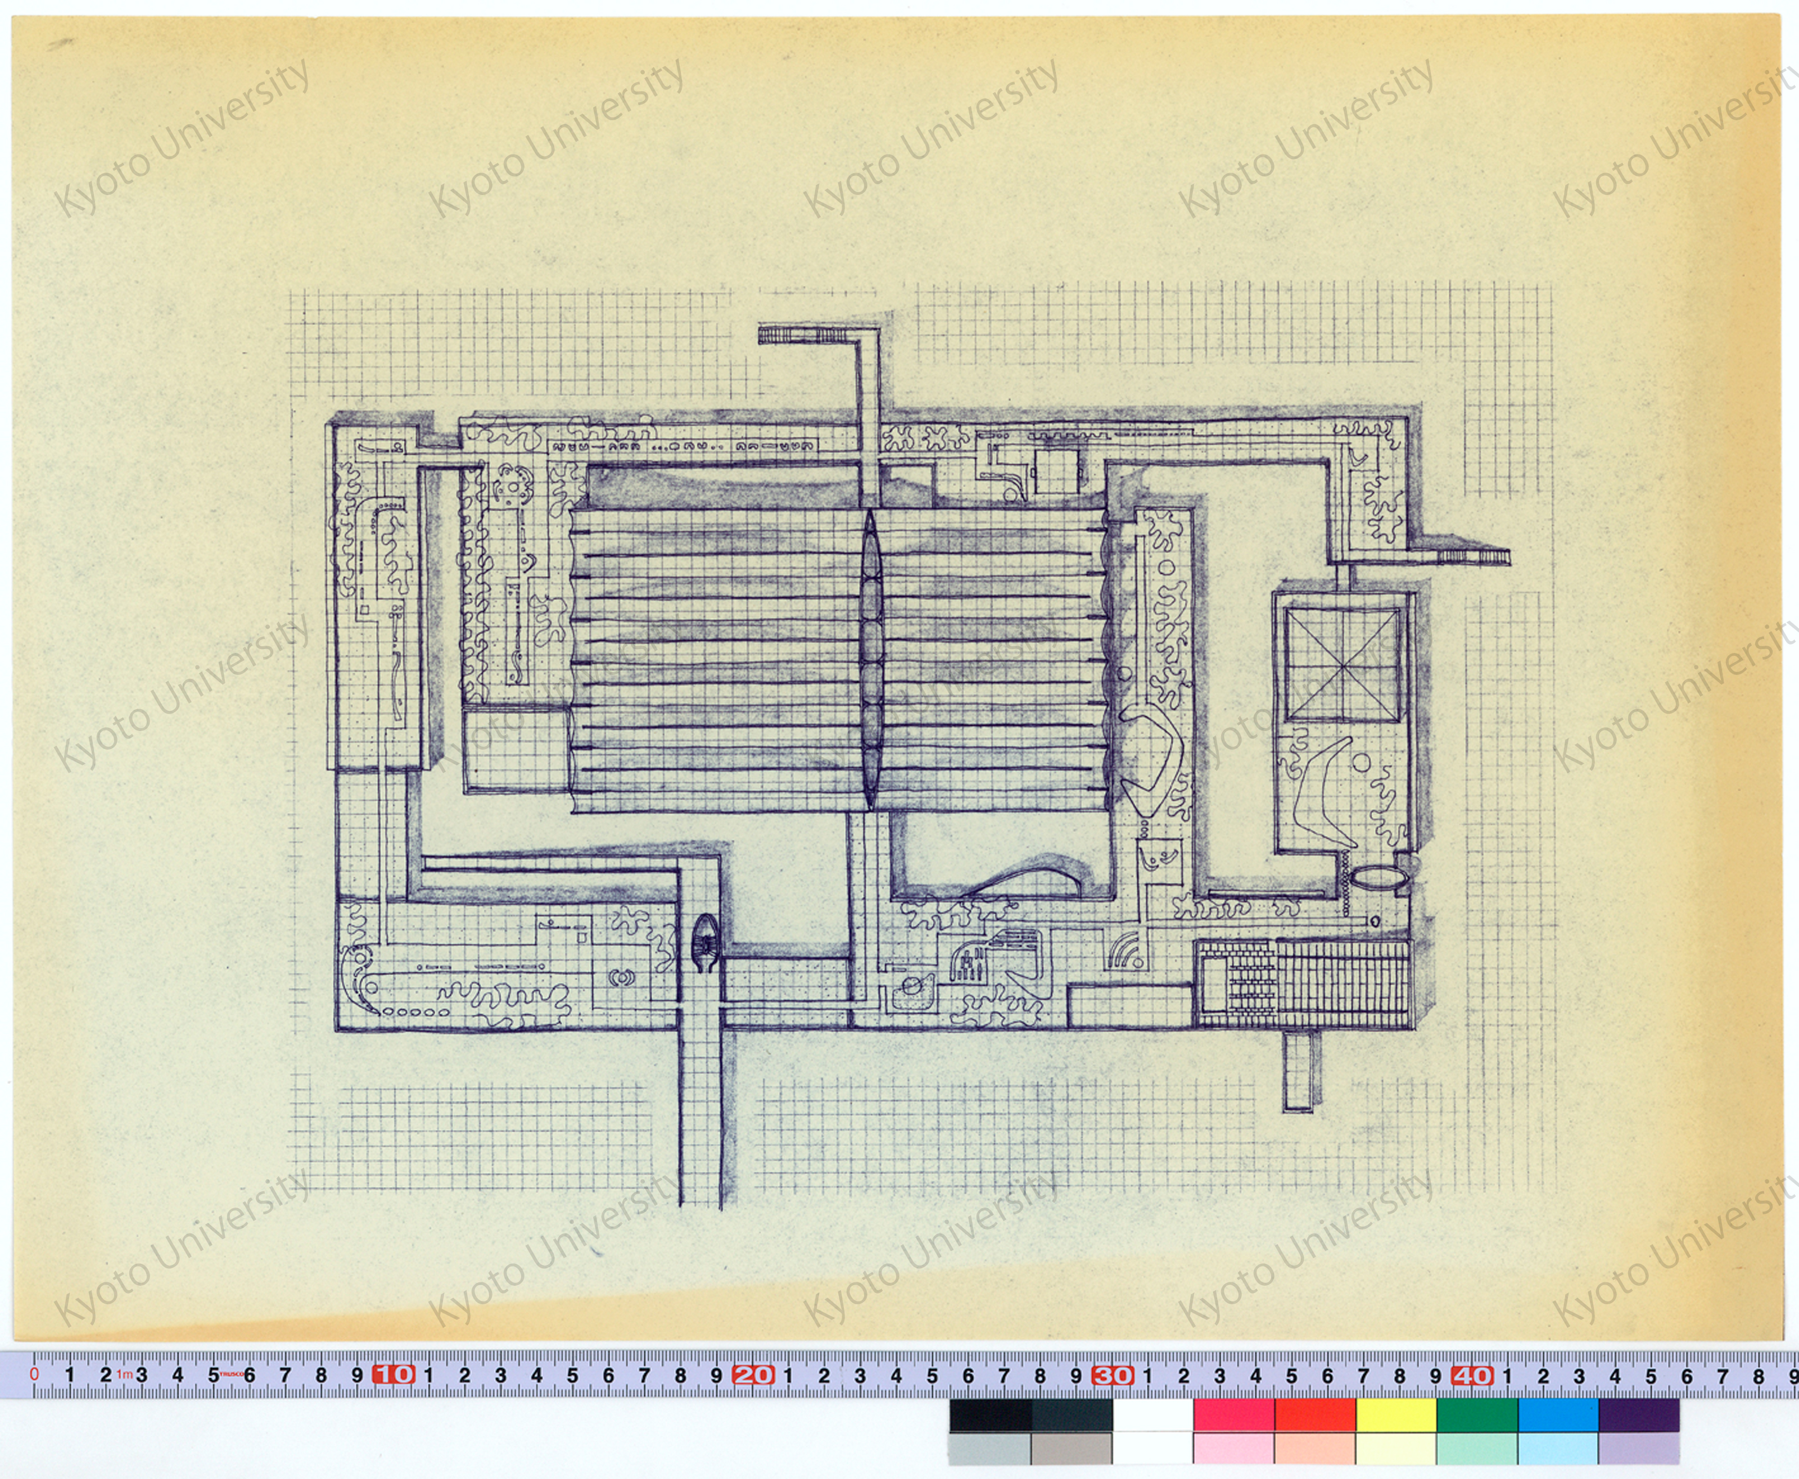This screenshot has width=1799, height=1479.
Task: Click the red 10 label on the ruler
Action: (393, 1374)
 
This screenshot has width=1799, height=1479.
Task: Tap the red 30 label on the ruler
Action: (1113, 1374)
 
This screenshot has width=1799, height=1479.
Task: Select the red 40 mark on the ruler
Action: (1472, 1374)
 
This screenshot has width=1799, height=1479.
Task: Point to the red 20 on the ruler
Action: (753, 1374)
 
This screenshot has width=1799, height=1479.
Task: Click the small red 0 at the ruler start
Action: (34, 1373)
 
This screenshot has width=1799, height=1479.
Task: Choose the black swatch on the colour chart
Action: (990, 1415)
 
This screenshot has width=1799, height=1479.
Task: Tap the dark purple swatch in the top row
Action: (1639, 1415)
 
